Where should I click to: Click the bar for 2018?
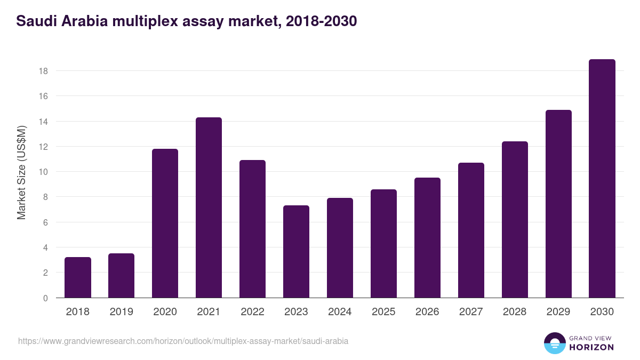coord(78,277)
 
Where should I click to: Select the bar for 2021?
coord(209,208)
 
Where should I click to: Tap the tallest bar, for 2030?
coord(602,179)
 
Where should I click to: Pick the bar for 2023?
coord(296,252)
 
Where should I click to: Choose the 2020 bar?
coord(165,223)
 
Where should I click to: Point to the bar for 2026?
coord(427,238)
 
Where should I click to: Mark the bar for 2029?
coord(558,204)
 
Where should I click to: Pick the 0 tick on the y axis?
coord(45,298)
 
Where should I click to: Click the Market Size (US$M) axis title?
coord(21,172)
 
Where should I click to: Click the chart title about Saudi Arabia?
coord(187,21)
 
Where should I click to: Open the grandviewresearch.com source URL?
coord(183,341)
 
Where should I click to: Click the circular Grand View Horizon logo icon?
coord(554,343)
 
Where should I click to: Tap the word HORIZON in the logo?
coord(591,347)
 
